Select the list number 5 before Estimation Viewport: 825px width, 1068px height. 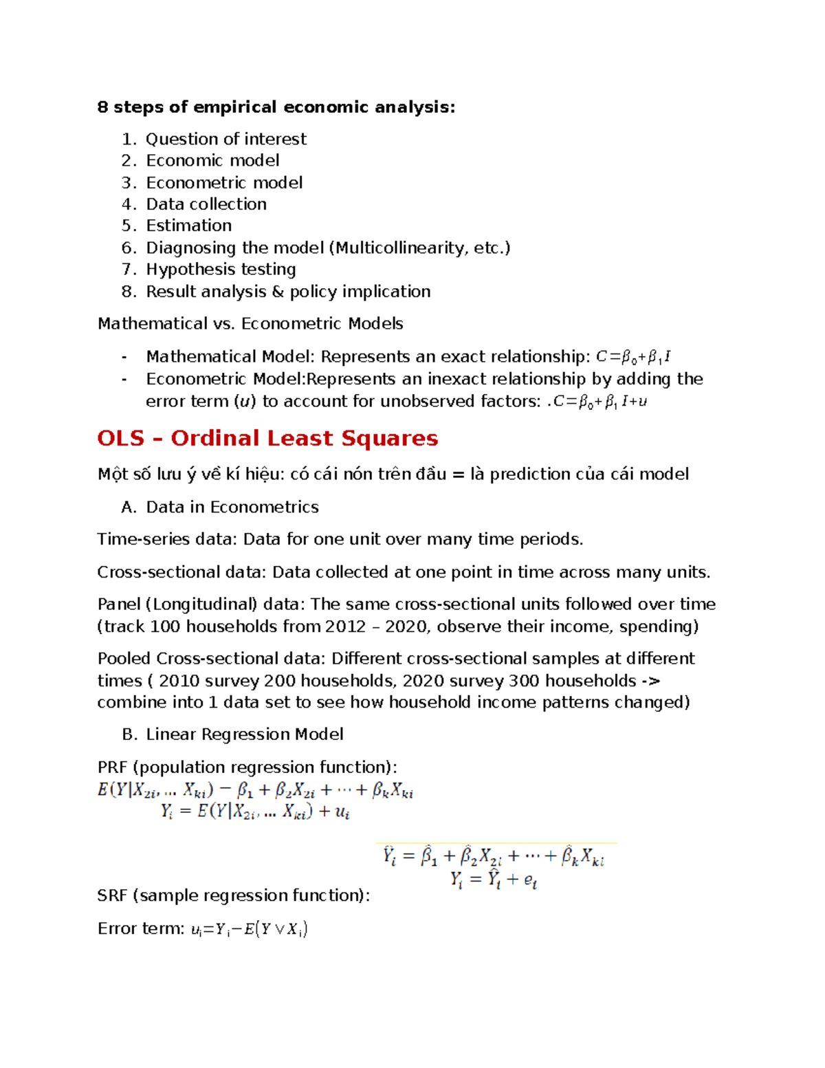[x=129, y=226]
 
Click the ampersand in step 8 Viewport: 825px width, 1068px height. [x=278, y=292]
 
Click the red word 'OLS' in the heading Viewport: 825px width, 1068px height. [x=121, y=438]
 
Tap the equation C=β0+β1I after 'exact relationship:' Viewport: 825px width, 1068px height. [x=632, y=357]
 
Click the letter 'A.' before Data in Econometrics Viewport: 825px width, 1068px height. [x=129, y=507]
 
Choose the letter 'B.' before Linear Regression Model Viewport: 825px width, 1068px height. [x=129, y=734]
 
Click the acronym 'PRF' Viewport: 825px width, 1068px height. [x=113, y=767]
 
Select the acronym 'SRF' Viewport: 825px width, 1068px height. [x=113, y=895]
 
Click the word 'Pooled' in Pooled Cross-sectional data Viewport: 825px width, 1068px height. [x=124, y=659]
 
